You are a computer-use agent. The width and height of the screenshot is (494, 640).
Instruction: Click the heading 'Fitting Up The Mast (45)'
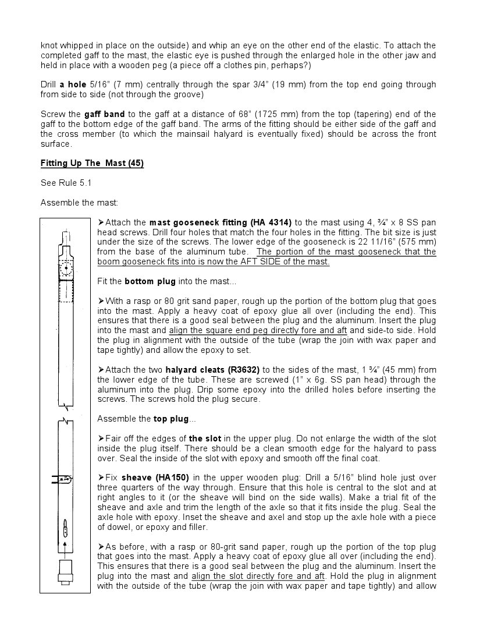pyautogui.click(x=92, y=163)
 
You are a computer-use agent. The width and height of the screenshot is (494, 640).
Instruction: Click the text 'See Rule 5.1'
pyautogui.click(x=66, y=183)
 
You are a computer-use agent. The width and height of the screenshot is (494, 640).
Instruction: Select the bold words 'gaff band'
pyautogui.click(x=105, y=114)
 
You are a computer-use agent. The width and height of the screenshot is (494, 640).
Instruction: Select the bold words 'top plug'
pyautogui.click(x=171, y=419)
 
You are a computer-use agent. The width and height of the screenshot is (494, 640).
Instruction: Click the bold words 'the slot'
pyautogui.click(x=205, y=439)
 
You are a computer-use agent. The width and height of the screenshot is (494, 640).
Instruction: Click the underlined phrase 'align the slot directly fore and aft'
pyautogui.click(x=258, y=576)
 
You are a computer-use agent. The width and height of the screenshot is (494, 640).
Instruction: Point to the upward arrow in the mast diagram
pyautogui.click(x=65, y=544)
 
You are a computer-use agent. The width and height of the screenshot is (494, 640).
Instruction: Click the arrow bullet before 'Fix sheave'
pyautogui.click(x=101, y=478)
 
